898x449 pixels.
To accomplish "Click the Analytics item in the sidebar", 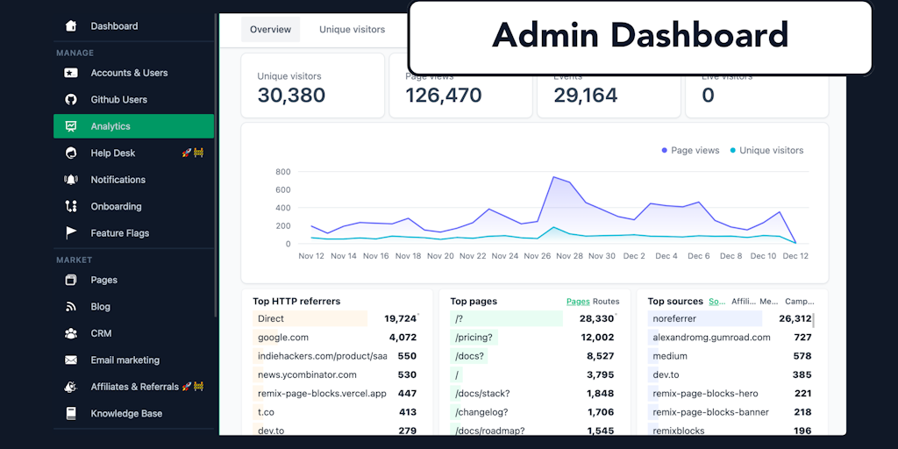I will [110, 126].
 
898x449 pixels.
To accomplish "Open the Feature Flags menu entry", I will [119, 233].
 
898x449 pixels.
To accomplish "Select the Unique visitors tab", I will [352, 30].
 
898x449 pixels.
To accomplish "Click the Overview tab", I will [270, 30].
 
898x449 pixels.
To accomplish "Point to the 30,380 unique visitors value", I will [291, 96].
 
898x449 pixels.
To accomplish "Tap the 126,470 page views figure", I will [443, 96].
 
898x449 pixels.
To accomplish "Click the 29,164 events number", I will [585, 96].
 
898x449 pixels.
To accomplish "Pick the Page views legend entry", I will [695, 151].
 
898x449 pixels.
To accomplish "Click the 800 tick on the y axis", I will [282, 172].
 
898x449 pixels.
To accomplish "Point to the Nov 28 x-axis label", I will [569, 256].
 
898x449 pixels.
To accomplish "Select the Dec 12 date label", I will [795, 256].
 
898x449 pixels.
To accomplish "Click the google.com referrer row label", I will [283, 338].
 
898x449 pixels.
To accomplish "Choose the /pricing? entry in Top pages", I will [474, 338].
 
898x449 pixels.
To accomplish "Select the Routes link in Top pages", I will [606, 302].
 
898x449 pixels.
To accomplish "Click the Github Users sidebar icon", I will [71, 100].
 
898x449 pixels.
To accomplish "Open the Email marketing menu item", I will [125, 360].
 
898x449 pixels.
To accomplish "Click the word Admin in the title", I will [545, 36].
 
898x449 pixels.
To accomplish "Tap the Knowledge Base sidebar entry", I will [126, 414].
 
